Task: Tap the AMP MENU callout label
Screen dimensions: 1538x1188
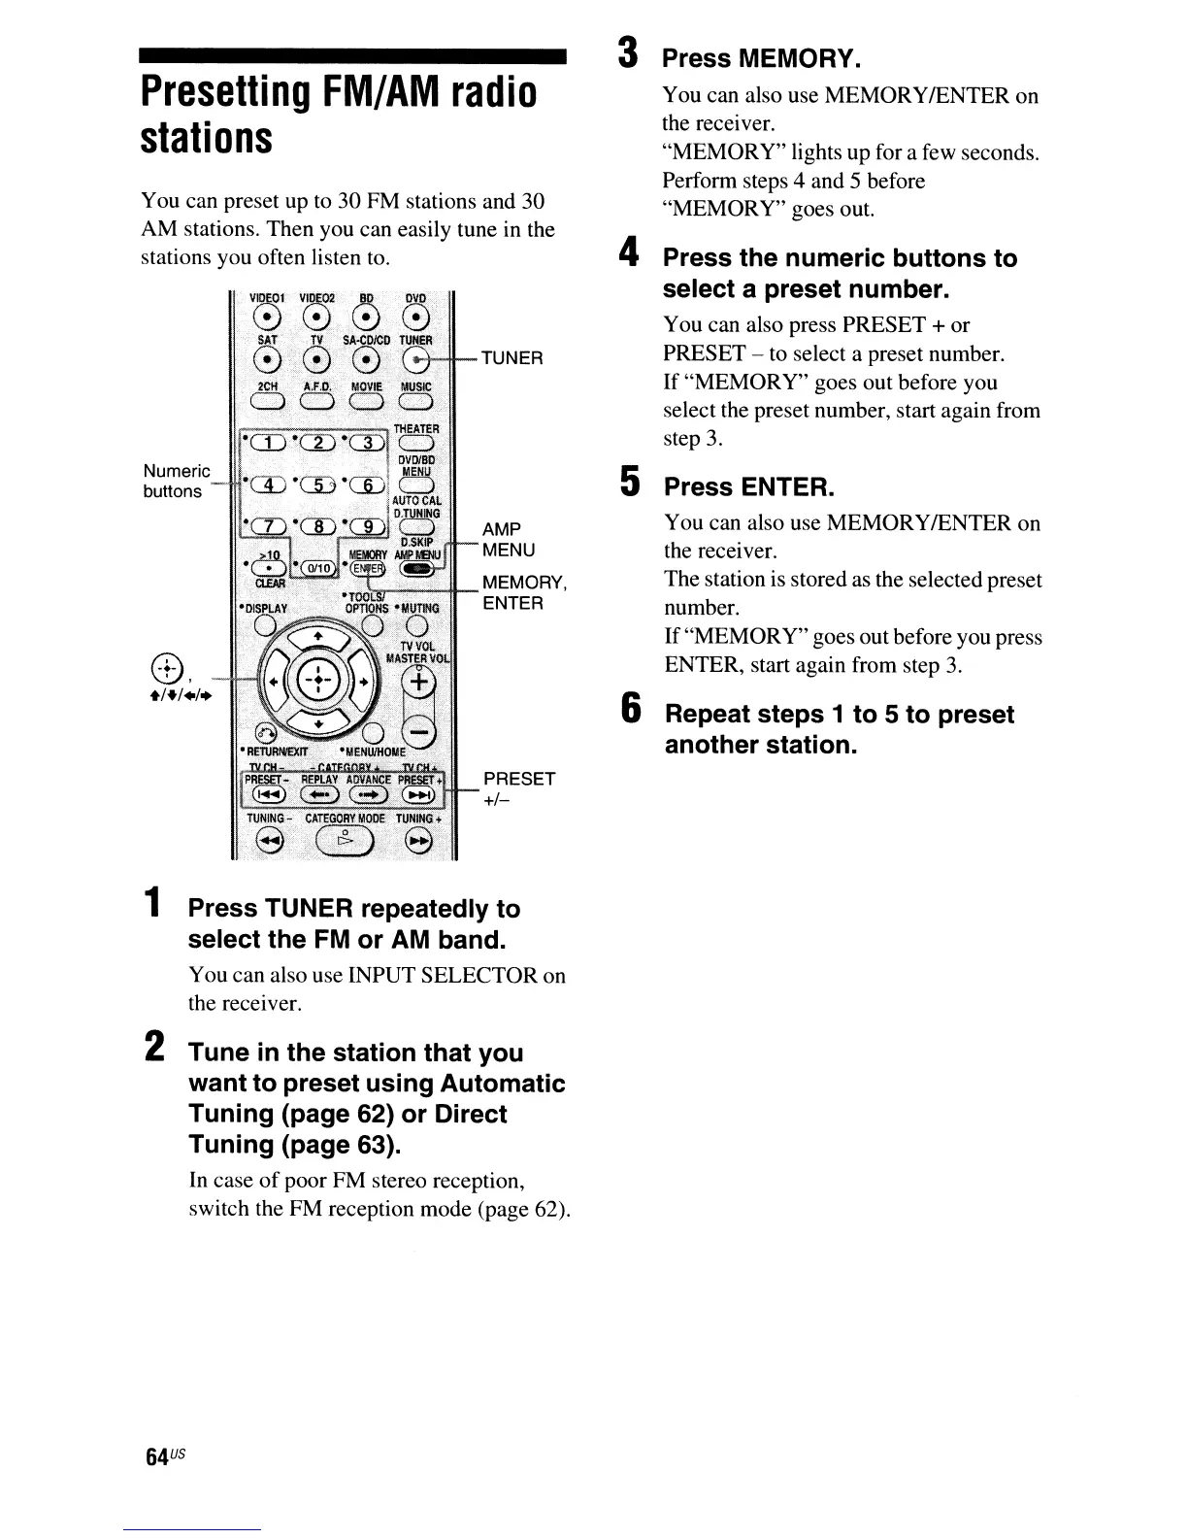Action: pyautogui.click(x=509, y=540)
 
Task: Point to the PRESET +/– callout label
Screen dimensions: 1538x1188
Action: pyautogui.click(x=519, y=788)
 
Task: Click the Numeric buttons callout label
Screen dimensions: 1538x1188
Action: pyautogui.click(x=176, y=482)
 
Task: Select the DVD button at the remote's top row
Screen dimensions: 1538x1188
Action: pyautogui.click(x=416, y=321)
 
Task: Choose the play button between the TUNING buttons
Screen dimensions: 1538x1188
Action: pyautogui.click(x=345, y=841)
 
